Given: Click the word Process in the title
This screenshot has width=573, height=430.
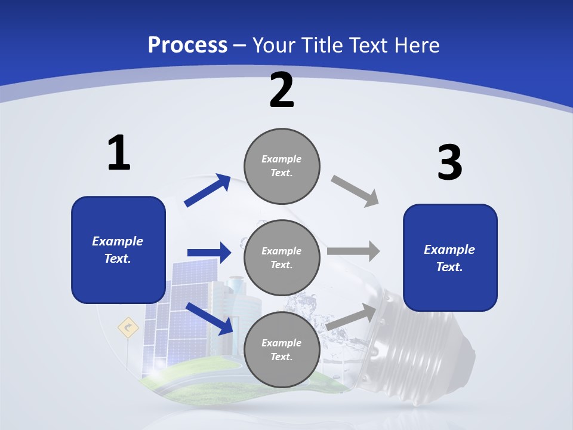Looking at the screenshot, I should point(187,45).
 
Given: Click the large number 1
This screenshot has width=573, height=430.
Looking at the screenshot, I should point(119,153).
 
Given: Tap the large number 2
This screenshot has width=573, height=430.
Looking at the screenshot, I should point(282,90).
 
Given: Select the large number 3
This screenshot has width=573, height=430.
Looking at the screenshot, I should point(449,162).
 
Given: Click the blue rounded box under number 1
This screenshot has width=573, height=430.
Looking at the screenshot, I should point(118,250).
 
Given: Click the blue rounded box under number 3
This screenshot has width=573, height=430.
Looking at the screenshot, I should point(450,257).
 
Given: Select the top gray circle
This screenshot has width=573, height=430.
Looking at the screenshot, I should point(282,165).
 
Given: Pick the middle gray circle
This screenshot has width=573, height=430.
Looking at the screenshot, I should point(282,257).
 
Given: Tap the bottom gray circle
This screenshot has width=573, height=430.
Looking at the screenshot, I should point(282,349).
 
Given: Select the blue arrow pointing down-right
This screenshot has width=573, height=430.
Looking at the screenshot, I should point(209,318).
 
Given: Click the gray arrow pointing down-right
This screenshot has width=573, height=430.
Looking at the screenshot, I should point(355,191).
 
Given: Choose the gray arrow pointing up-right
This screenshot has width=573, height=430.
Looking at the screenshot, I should point(352,315).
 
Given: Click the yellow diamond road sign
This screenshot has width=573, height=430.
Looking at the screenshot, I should point(128,327).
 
